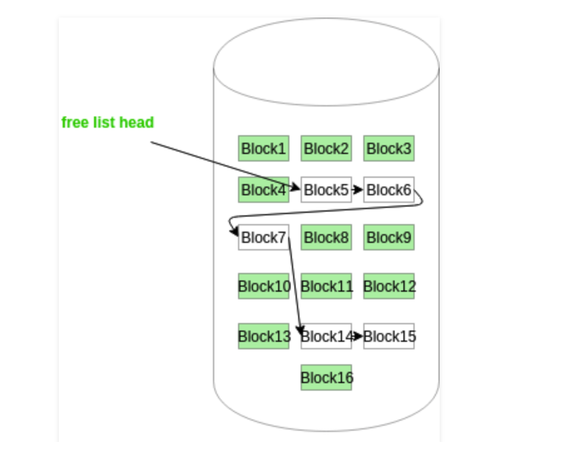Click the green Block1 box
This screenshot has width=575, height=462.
point(264,148)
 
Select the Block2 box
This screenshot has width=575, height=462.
point(326,148)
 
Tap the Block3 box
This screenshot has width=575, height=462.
point(389,148)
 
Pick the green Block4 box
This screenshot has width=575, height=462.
point(264,190)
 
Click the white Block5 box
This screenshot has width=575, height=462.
point(326,190)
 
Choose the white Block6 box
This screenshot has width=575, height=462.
point(389,190)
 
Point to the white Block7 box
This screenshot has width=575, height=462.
point(264,237)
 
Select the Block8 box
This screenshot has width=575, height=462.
point(326,237)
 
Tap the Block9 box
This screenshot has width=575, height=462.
point(389,237)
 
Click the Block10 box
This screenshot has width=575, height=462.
point(264,286)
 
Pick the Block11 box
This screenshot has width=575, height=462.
point(326,286)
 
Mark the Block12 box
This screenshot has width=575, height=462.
point(389,286)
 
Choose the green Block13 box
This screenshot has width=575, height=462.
point(264,336)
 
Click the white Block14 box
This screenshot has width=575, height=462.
point(326,336)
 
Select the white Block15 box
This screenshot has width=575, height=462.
point(389,336)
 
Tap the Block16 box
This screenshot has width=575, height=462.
point(326,377)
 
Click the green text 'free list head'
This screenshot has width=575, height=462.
point(108,122)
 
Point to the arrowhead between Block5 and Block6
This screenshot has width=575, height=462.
point(358,190)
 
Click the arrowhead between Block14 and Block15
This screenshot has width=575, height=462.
point(358,336)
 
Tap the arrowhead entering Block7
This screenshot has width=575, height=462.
point(234,232)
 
